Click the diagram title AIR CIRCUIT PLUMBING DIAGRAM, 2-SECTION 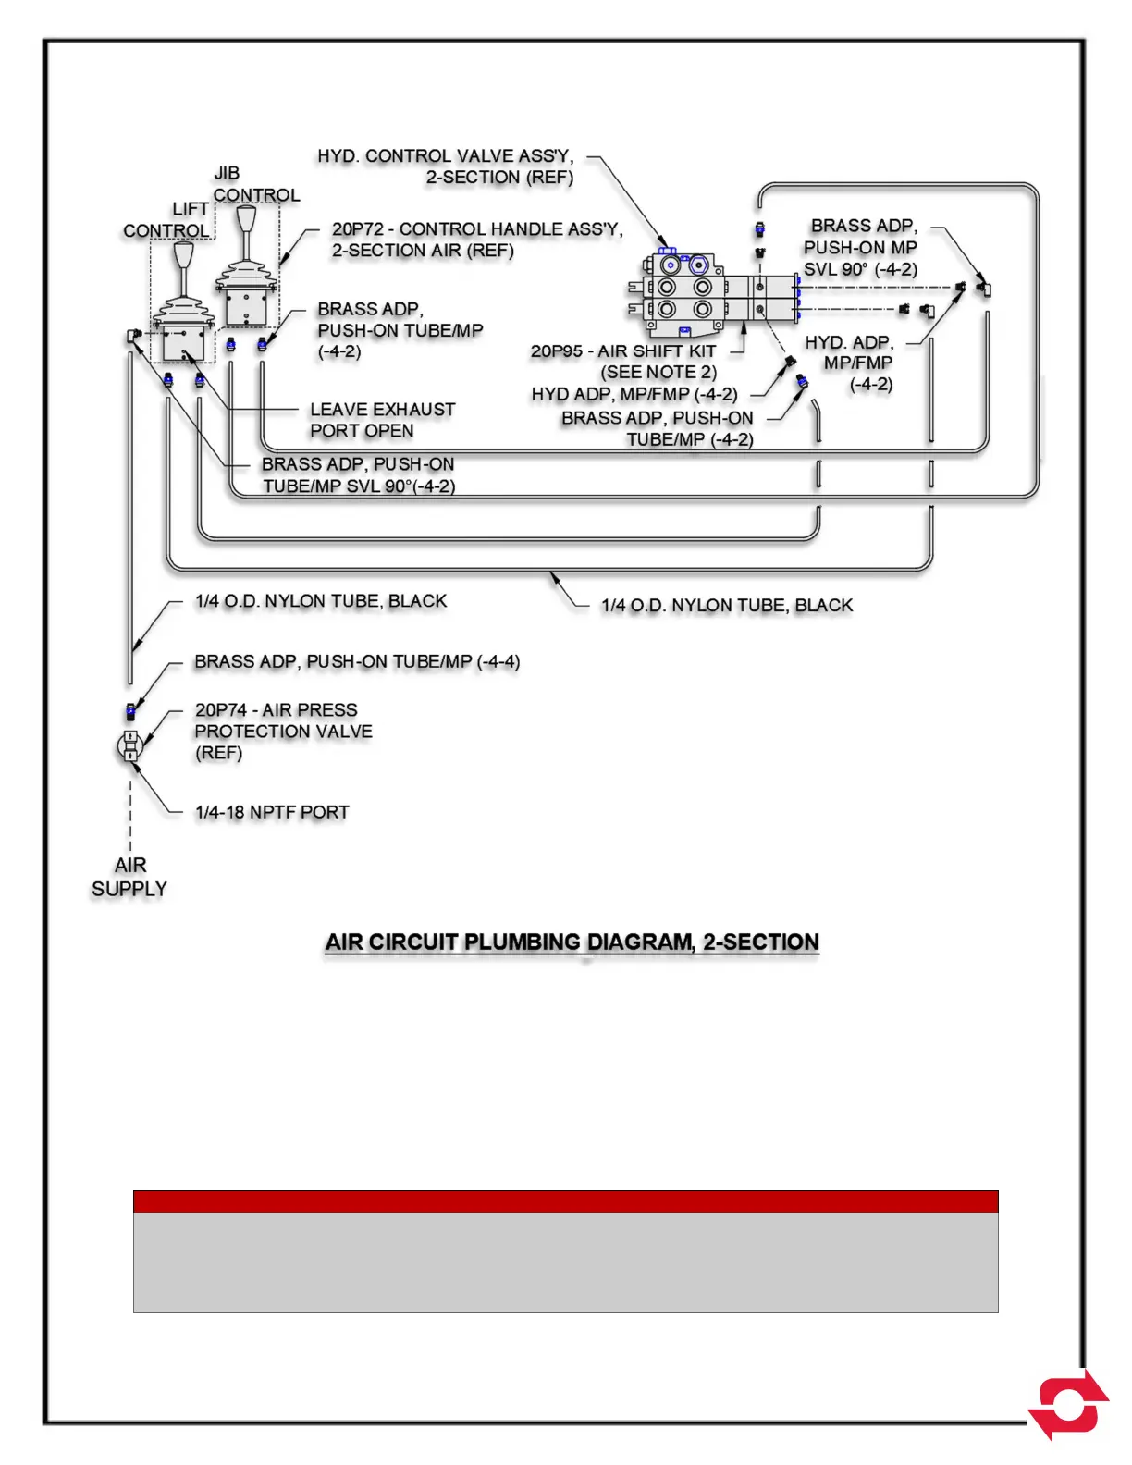click(x=572, y=942)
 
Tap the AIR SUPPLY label click(x=129, y=877)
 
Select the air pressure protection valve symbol click(x=130, y=746)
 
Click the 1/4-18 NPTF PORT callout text click(x=272, y=812)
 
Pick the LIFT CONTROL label click(x=167, y=220)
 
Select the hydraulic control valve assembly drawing click(x=684, y=294)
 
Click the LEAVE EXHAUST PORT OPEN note click(x=382, y=420)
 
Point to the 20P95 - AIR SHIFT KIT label click(x=623, y=351)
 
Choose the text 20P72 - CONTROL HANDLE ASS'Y click(x=477, y=228)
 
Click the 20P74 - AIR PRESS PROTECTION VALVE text click(x=283, y=731)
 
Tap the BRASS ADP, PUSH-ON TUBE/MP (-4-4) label click(x=357, y=662)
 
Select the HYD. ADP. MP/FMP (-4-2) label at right click(x=851, y=363)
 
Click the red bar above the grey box click(x=565, y=1201)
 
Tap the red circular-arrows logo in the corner click(x=1069, y=1405)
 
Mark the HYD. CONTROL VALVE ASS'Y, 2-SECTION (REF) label click(x=446, y=166)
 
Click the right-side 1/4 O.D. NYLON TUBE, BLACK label click(x=727, y=606)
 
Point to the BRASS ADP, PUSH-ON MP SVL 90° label click(x=861, y=248)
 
